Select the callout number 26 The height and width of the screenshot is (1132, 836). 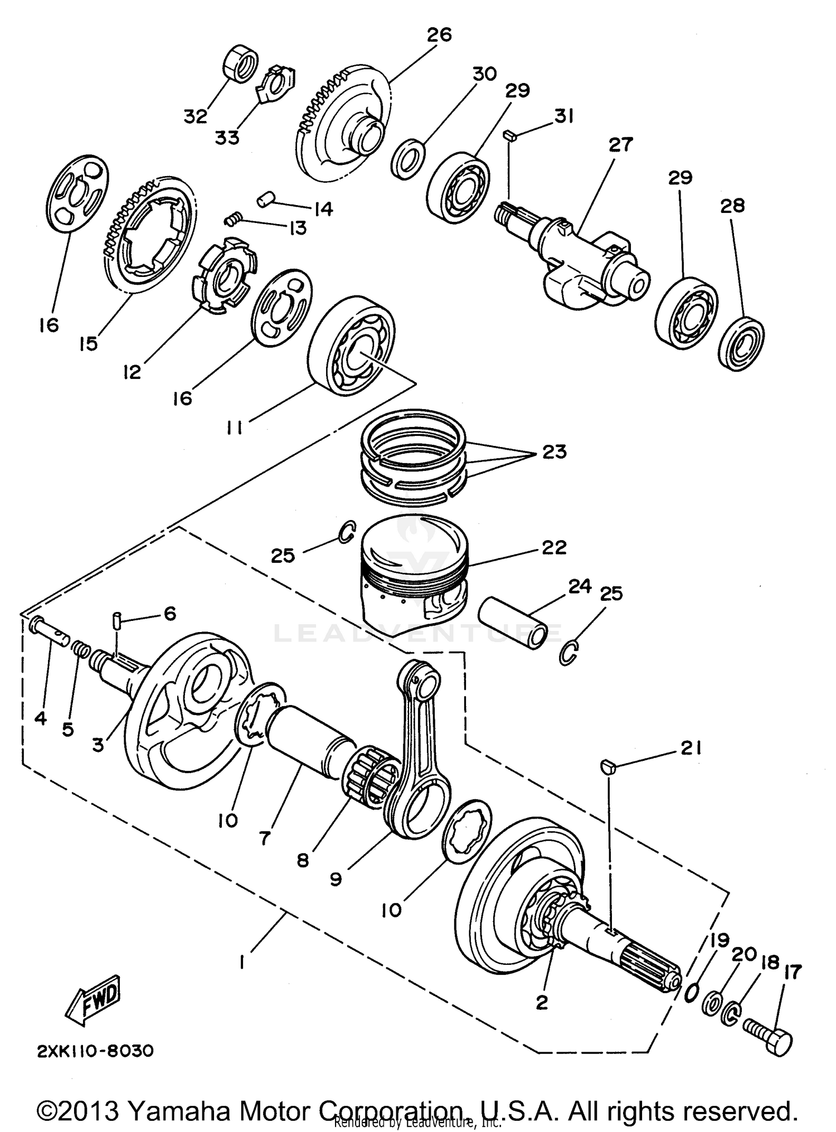pos(439,35)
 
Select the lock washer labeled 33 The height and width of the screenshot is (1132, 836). pos(276,84)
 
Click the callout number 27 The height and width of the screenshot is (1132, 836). pos(620,144)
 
